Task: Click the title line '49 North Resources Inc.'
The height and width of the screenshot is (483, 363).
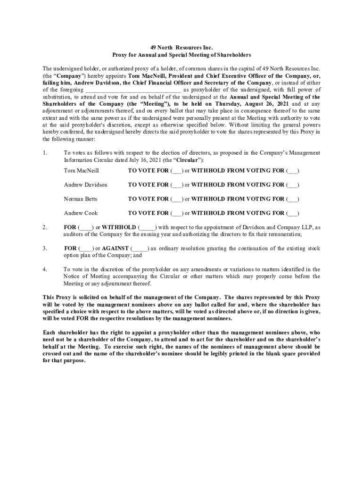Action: click(181, 48)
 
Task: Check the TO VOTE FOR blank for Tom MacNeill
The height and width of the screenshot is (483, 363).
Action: click(177, 170)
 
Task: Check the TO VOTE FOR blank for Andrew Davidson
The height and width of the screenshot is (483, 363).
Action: click(177, 184)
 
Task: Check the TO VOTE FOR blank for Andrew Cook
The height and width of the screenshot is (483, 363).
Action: click(177, 213)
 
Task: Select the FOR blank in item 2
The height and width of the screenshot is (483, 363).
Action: click(86, 227)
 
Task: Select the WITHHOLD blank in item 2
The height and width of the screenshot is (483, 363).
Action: click(147, 227)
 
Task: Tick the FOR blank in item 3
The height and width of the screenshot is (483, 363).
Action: click(86, 248)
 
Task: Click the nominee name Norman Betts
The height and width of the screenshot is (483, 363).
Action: click(81, 199)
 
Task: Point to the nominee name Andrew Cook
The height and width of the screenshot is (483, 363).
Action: click(81, 213)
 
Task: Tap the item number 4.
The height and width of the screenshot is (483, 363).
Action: click(45, 269)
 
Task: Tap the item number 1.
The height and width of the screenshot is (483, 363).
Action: click(45, 153)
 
